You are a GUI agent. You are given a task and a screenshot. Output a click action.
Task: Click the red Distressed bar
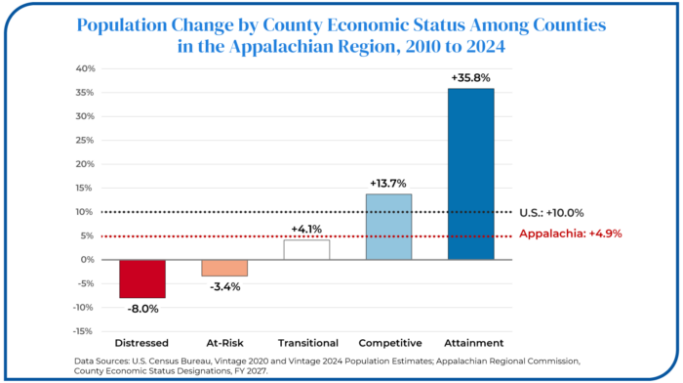click(142, 278)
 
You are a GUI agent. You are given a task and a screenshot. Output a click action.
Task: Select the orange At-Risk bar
click(224, 268)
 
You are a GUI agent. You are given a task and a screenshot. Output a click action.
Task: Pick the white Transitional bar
click(306, 249)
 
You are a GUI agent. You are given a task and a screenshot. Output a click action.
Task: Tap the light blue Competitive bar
click(388, 227)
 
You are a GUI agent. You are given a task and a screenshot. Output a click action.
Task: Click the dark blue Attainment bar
click(471, 174)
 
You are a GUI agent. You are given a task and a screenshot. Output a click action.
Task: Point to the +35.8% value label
click(471, 78)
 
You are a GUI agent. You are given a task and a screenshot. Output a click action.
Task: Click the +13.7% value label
click(388, 184)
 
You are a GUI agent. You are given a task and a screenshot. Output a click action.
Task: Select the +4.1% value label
click(306, 229)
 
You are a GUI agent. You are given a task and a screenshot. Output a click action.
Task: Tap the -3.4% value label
click(224, 287)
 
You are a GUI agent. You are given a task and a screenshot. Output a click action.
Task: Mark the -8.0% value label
click(142, 309)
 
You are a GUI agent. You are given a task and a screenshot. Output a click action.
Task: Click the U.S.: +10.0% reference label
click(551, 213)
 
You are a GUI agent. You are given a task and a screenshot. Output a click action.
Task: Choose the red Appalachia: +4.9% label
click(571, 234)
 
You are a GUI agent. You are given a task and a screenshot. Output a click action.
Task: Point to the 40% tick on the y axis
click(86, 68)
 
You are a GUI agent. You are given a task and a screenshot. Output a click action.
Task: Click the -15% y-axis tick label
click(84, 331)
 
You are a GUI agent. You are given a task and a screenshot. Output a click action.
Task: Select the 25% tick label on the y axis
click(86, 140)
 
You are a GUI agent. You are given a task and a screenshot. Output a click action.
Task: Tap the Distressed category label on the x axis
click(141, 343)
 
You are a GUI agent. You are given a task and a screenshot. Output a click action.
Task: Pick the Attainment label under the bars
click(474, 343)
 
